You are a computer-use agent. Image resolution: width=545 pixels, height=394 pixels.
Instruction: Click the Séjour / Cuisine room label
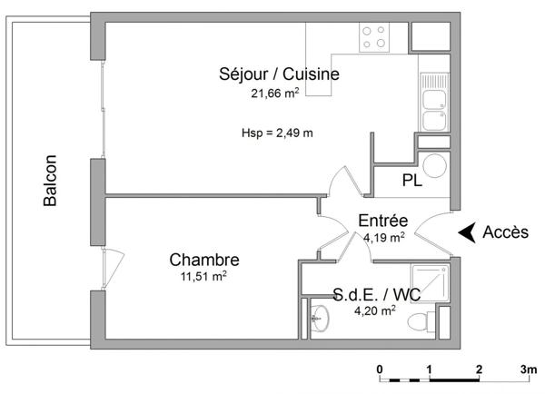point(279,74)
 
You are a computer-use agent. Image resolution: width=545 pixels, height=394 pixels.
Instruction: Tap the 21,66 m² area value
point(280,93)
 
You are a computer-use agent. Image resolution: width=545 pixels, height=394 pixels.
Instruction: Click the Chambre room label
point(204,260)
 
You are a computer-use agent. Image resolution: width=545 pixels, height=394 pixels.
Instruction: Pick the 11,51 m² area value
point(203,277)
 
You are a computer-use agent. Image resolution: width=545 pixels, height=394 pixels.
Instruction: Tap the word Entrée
point(382,221)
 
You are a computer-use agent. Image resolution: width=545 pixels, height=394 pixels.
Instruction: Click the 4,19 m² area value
point(383,238)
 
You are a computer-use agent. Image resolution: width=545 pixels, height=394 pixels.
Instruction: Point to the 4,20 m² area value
point(374,310)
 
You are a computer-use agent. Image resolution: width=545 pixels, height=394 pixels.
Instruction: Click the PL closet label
point(411,180)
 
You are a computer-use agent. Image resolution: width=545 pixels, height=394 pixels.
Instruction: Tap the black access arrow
point(467,232)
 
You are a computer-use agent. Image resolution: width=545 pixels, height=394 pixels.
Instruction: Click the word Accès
point(505,232)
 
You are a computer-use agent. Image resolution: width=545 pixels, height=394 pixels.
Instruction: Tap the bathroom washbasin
point(319,318)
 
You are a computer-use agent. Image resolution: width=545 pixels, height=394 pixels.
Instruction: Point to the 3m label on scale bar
point(526,369)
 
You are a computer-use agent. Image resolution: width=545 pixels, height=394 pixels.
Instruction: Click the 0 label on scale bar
point(380,369)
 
